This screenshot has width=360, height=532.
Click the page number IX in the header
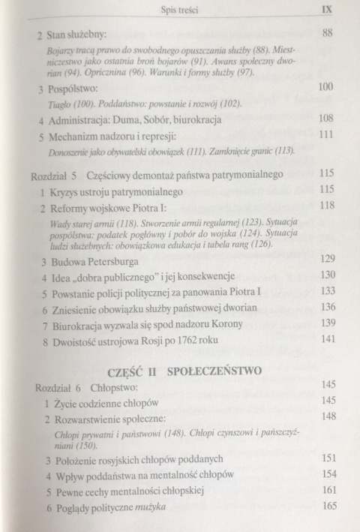tap(325, 11)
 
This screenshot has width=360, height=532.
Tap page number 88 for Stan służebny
tap(326, 33)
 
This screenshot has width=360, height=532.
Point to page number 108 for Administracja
tap(325, 118)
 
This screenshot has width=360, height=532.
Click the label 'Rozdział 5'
tap(49, 174)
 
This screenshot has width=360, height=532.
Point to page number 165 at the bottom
tap(327, 507)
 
